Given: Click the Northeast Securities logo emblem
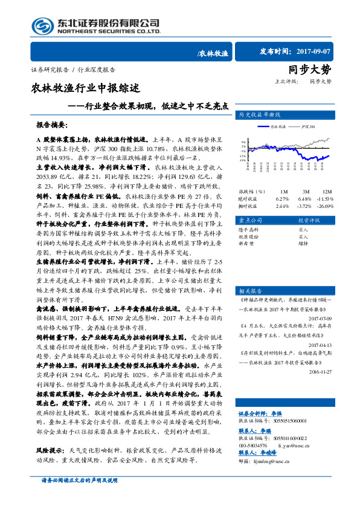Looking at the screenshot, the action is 43,26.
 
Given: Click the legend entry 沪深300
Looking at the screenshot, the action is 309,126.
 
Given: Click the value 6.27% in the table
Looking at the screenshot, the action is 281,198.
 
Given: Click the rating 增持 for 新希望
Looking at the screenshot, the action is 303,244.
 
